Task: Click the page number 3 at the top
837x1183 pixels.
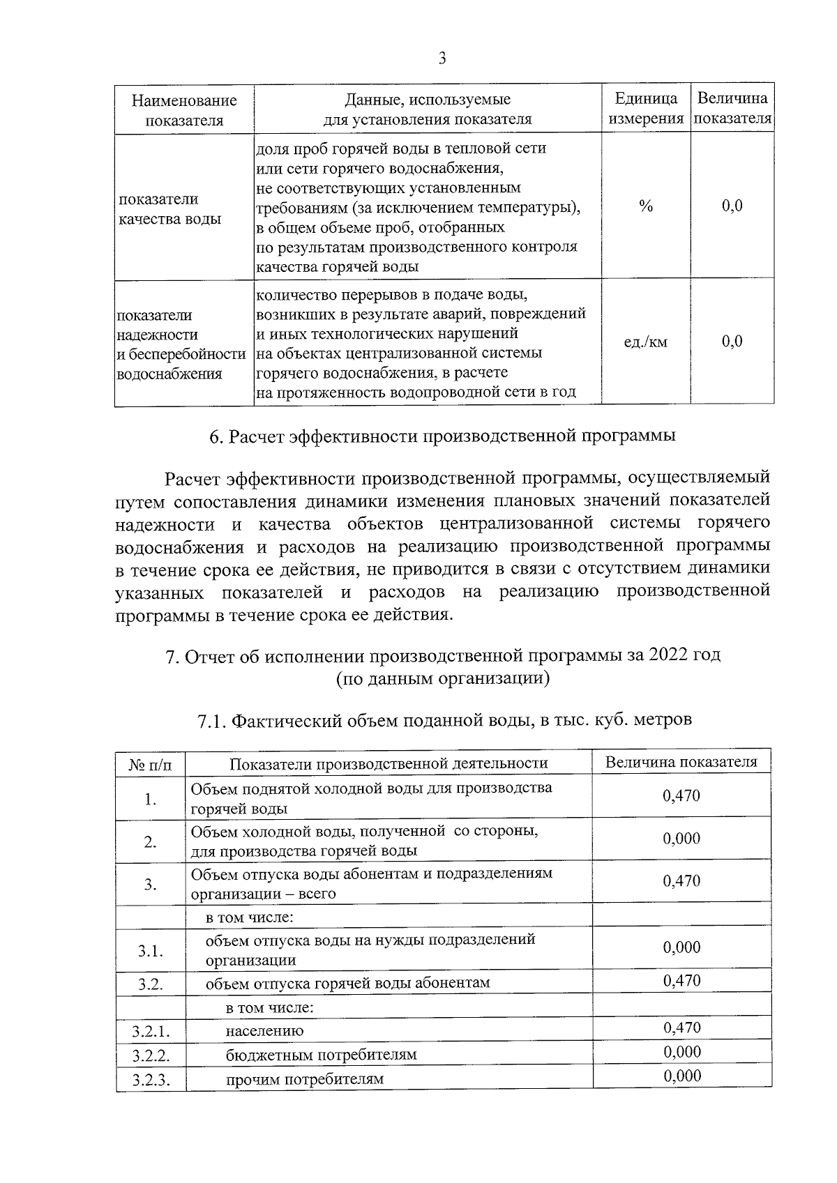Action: [x=442, y=59]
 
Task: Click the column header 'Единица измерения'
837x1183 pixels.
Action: [x=646, y=108]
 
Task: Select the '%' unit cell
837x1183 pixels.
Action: [x=646, y=206]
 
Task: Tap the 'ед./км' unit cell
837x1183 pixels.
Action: [x=645, y=342]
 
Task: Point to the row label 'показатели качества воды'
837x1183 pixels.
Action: [x=169, y=208]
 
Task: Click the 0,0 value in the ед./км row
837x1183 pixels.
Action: [x=732, y=341]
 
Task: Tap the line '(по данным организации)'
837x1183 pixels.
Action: [x=442, y=678]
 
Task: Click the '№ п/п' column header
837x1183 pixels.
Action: [x=150, y=764]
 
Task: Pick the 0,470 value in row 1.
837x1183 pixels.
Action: [x=681, y=796]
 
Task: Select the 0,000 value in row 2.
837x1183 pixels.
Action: [x=681, y=839]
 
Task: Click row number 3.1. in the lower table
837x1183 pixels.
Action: [x=150, y=950]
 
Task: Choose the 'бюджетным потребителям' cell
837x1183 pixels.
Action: [x=321, y=1055]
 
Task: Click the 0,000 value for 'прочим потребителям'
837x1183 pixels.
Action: [x=681, y=1076]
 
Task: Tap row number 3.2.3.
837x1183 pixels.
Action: [x=150, y=1080]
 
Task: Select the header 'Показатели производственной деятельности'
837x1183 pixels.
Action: [x=389, y=763]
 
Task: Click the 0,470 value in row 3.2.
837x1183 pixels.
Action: [x=681, y=981]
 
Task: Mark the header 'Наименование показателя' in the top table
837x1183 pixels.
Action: [x=184, y=109]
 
